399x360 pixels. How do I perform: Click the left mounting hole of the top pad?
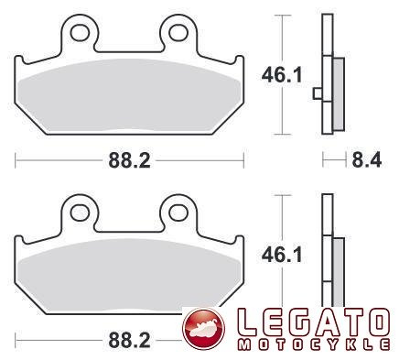[80, 33]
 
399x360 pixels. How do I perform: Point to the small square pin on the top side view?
[317, 92]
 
